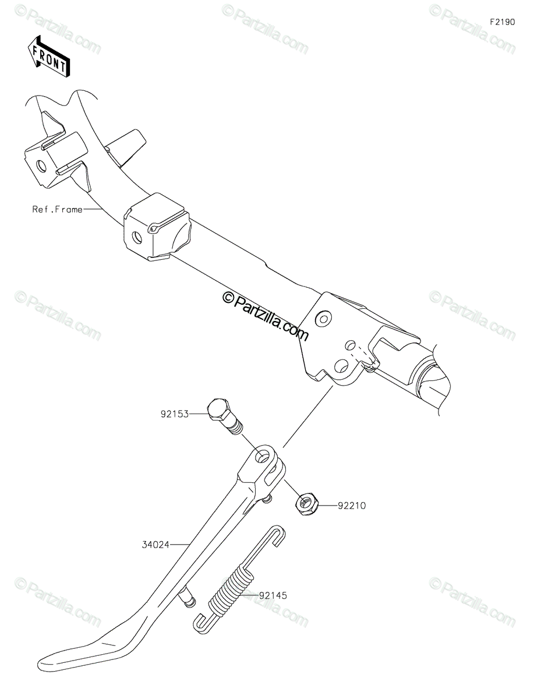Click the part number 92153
pyautogui.click(x=175, y=414)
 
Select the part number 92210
pyautogui.click(x=352, y=506)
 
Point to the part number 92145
pyautogui.click(x=273, y=595)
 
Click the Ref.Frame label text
pyautogui.click(x=57, y=210)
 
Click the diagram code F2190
pyautogui.click(x=502, y=22)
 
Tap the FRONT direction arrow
pyautogui.click(x=49, y=57)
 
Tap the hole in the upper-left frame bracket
pyautogui.click(x=41, y=166)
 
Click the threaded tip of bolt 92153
pyautogui.click(x=237, y=428)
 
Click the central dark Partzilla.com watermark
pyautogui.click(x=266, y=316)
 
